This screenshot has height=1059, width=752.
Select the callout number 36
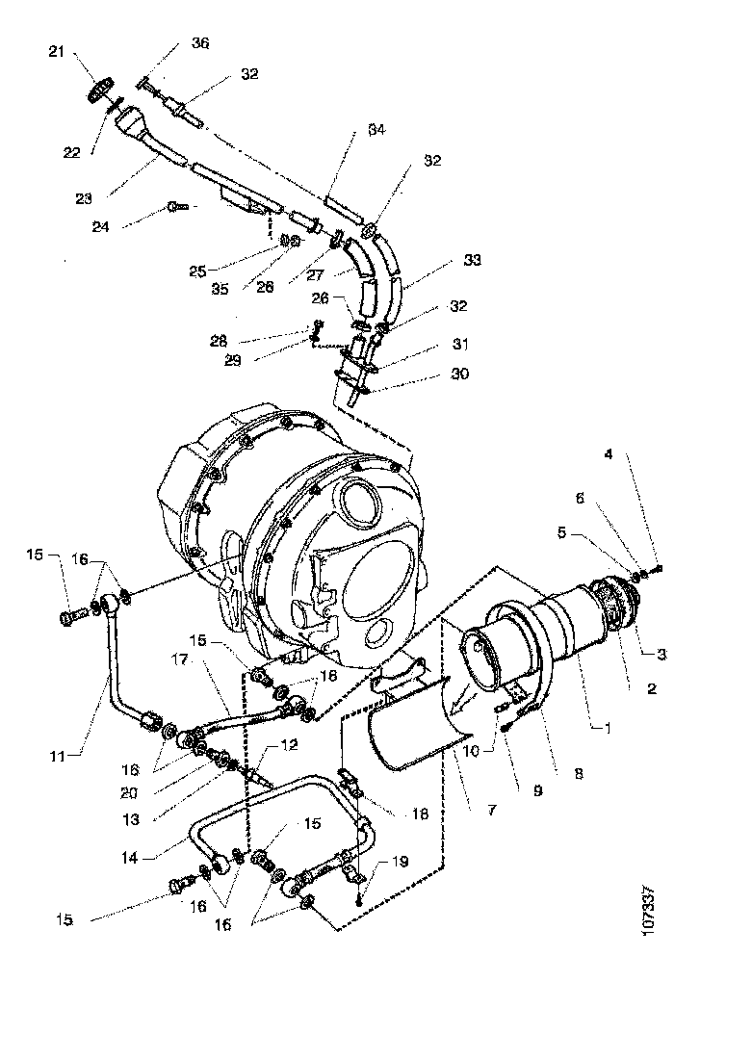(199, 43)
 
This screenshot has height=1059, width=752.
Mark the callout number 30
(460, 374)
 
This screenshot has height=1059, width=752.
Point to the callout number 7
(491, 812)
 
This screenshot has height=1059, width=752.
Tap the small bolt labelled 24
(174, 205)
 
